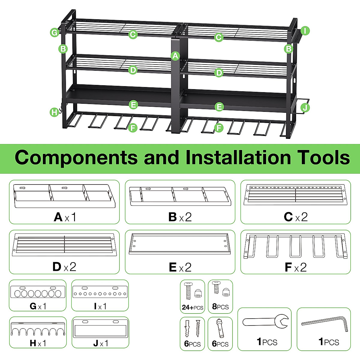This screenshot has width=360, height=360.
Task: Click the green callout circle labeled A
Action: point(175,56)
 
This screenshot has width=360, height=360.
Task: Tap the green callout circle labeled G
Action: point(54,32)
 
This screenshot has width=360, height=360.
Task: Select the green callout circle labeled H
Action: point(54,112)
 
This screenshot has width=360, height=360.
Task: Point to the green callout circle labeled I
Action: point(305,31)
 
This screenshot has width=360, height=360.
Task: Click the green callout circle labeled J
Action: point(305,107)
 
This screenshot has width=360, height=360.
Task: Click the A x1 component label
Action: point(65,217)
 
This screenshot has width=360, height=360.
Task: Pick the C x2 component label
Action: point(295,217)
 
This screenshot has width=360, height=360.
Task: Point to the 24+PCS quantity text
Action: point(192,307)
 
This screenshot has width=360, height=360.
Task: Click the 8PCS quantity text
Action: point(220,307)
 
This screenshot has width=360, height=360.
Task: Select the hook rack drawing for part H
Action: point(38,329)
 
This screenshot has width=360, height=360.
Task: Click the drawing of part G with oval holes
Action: point(38,292)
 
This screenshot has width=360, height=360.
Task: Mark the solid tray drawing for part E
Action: point(180,244)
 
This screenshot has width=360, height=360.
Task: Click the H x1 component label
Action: point(38,343)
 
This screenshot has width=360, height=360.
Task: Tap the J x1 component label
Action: point(100,343)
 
